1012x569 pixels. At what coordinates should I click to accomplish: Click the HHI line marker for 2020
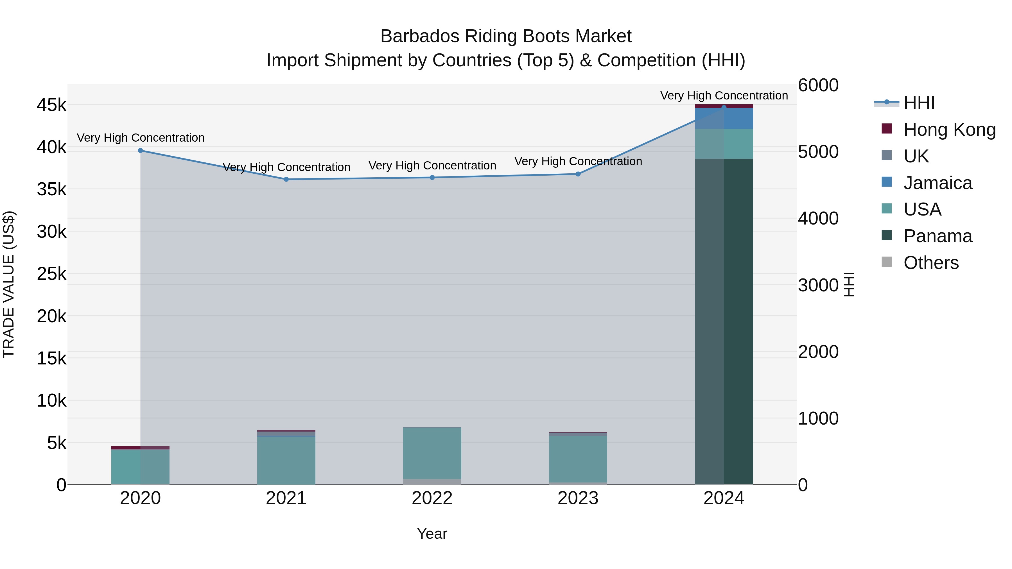[140, 150]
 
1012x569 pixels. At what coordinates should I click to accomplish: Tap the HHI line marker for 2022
[432, 178]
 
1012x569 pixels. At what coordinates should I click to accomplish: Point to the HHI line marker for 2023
[578, 174]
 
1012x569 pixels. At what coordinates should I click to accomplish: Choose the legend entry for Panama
[937, 236]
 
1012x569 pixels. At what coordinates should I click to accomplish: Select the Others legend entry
[931, 263]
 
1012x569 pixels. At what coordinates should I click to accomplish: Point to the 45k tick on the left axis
[51, 105]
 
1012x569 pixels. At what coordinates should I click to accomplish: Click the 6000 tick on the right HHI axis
[818, 85]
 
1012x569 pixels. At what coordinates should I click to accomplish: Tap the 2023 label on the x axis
[578, 498]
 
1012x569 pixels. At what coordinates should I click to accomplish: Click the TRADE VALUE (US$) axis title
[9, 284]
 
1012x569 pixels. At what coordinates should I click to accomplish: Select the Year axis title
[432, 534]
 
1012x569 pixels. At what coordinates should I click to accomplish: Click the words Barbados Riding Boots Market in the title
[506, 36]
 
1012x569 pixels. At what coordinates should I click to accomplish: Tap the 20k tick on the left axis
[51, 316]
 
